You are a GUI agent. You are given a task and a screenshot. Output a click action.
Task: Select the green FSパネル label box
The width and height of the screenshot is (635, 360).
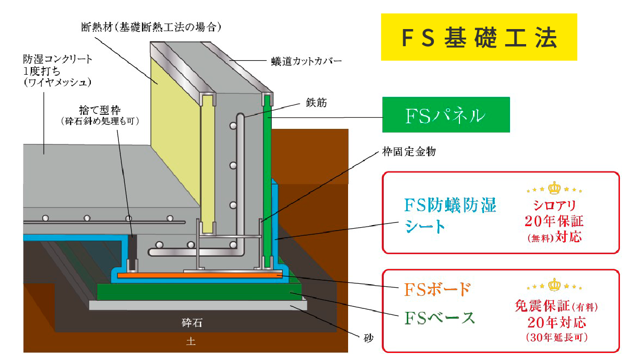click(x=445, y=115)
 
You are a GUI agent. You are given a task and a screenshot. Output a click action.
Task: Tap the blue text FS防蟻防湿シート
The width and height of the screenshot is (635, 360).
click(x=450, y=216)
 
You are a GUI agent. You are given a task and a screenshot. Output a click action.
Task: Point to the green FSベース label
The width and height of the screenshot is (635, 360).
click(x=439, y=317)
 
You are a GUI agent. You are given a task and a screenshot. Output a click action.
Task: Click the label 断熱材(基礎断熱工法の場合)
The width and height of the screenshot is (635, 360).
click(x=150, y=26)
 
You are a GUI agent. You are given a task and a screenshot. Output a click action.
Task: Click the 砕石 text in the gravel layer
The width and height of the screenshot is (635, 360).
click(x=192, y=322)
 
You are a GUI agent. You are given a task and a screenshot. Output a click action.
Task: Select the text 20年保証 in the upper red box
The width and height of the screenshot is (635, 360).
click(x=554, y=221)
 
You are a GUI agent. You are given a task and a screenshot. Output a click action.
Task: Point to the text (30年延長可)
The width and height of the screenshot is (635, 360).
click(x=556, y=337)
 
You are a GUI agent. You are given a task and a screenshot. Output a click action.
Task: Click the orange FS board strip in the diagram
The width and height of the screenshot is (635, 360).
click(x=201, y=275)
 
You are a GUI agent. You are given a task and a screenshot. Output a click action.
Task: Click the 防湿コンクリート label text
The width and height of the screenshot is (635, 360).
click(x=58, y=59)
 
